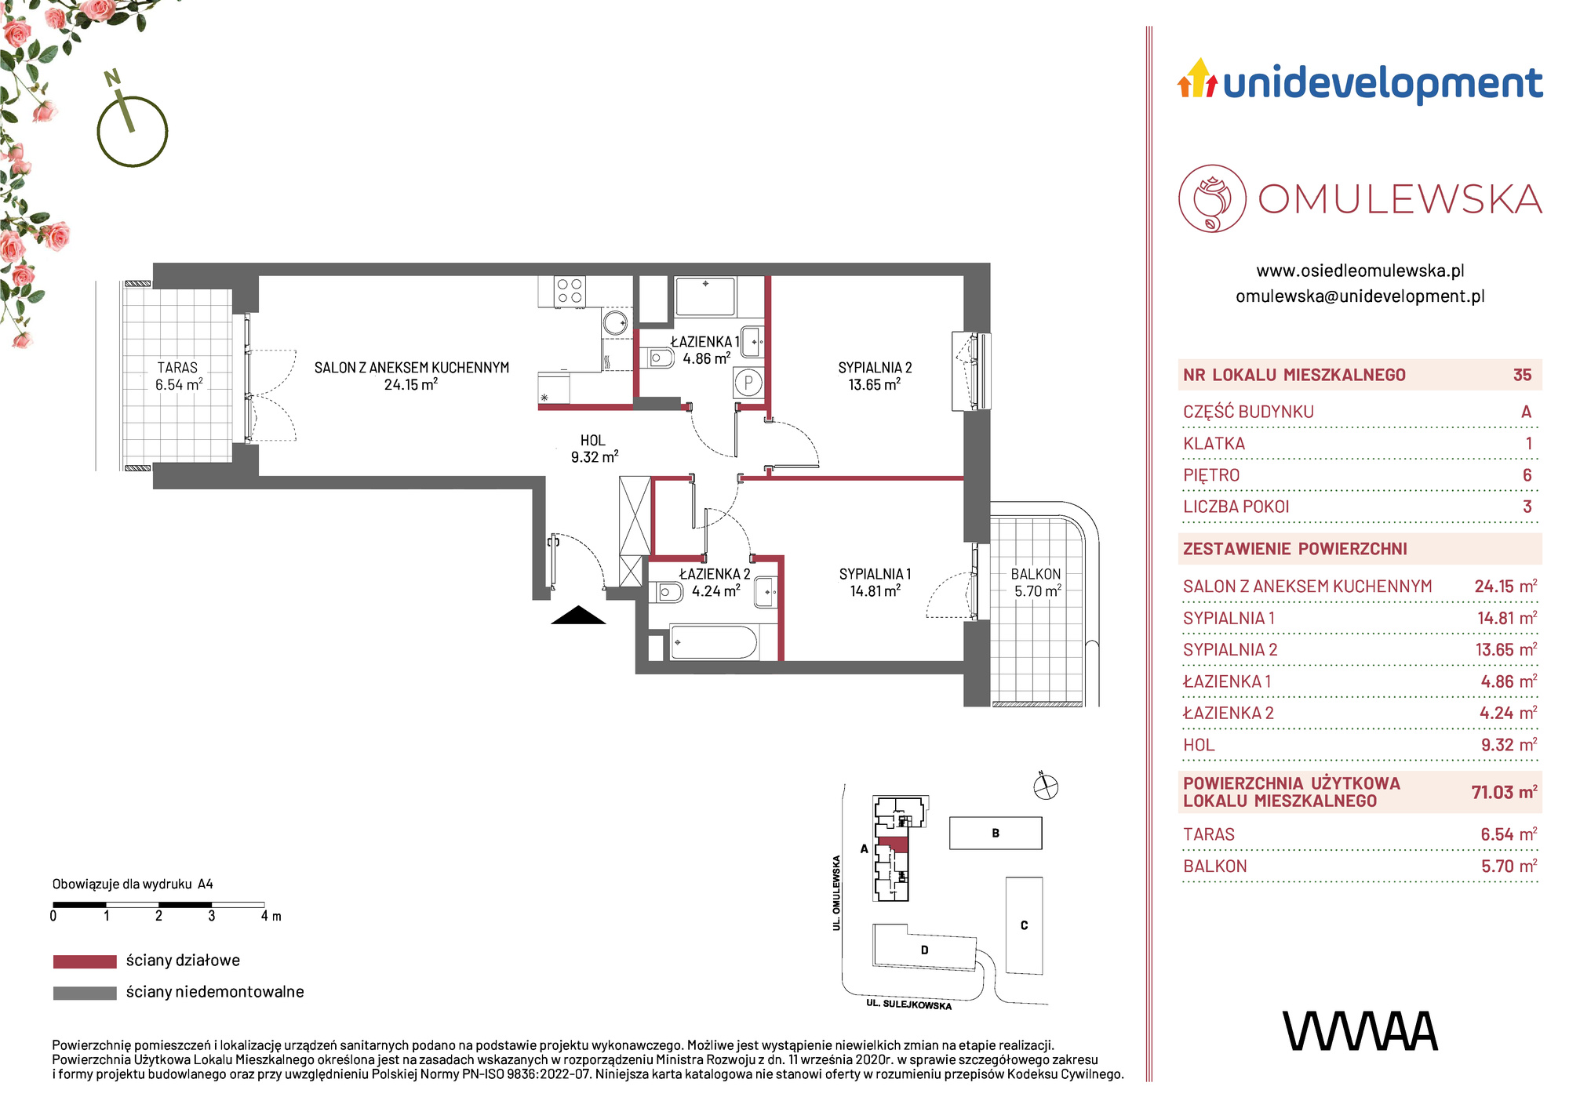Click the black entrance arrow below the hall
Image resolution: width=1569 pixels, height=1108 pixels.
[578, 616]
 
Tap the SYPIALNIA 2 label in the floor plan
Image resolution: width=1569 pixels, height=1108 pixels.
[875, 368]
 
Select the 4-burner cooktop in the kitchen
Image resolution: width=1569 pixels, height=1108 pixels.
[570, 291]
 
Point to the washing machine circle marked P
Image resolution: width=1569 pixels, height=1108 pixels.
[748, 383]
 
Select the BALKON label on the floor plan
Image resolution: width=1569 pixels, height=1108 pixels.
[1036, 574]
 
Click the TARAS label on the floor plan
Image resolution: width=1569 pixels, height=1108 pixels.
[177, 367]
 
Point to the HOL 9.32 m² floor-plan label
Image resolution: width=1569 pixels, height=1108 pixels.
[594, 449]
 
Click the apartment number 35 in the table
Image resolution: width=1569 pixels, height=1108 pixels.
[1522, 375]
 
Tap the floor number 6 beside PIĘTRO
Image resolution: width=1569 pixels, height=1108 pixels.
[1527, 475]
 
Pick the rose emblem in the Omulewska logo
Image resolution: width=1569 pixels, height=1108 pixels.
[1212, 198]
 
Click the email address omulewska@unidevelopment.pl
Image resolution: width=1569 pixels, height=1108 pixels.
[1360, 296]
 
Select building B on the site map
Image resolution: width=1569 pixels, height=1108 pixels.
[996, 833]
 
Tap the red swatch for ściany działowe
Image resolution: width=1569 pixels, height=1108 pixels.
[85, 961]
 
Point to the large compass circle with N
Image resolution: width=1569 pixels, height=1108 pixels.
[133, 132]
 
